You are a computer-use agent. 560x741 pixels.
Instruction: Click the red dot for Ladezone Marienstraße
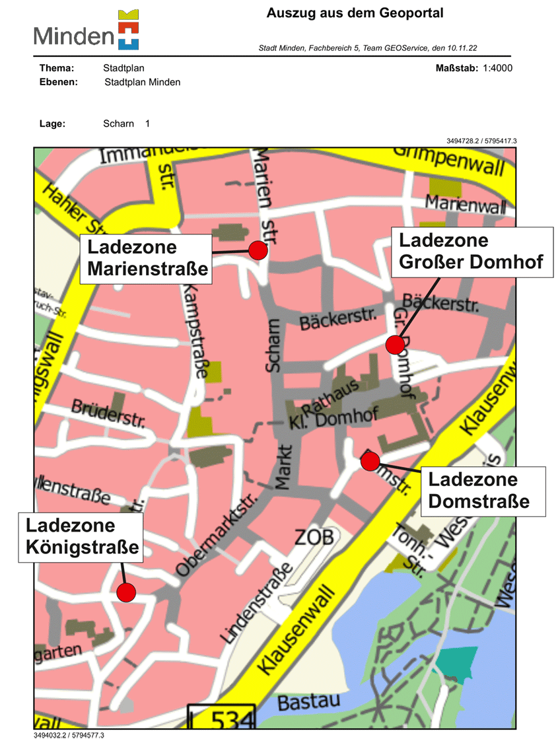pos(258,250)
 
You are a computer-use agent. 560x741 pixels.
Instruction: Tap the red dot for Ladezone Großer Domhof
pos(395,344)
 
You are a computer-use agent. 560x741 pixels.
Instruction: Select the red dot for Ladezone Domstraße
pos(370,460)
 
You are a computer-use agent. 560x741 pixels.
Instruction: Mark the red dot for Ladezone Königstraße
pos(126,592)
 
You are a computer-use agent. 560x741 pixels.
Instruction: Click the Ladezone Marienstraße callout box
pos(146,258)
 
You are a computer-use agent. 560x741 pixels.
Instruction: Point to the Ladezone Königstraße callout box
pos(81,537)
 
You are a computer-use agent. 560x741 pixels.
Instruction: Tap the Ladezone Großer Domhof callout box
pos(472,251)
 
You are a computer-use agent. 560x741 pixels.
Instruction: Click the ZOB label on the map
pos(315,536)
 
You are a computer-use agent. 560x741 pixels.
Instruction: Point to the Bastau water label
pos(308,701)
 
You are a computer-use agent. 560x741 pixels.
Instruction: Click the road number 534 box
pos(221,717)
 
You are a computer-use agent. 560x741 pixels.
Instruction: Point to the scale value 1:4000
pos(497,68)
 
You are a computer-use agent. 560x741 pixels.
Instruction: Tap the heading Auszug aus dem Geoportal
pos(355,13)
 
